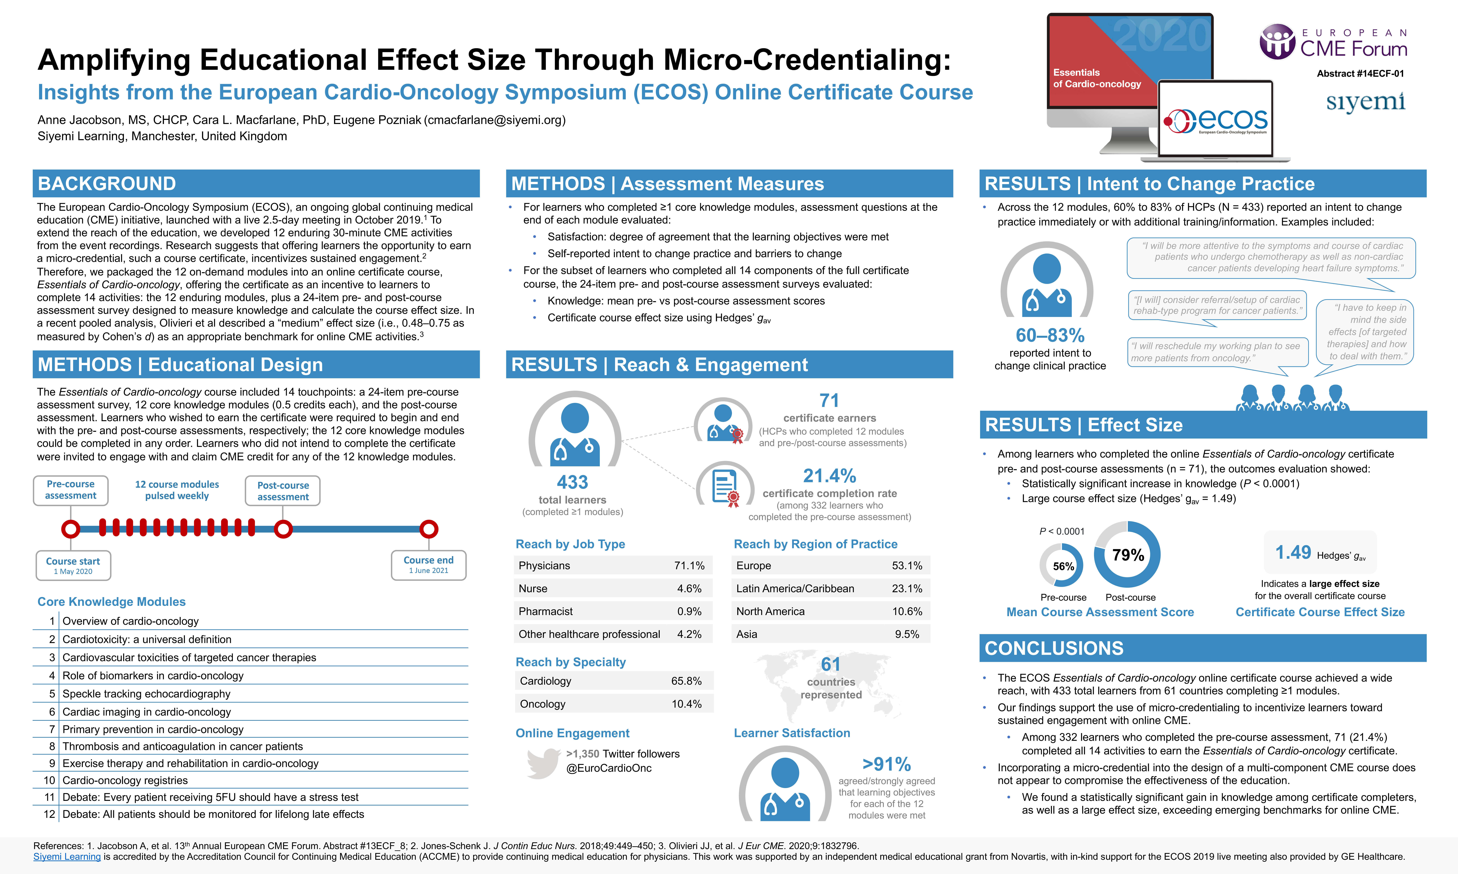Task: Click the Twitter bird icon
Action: (543, 763)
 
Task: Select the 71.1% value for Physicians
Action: (689, 565)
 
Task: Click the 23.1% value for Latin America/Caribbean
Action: (907, 588)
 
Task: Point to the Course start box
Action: (73, 565)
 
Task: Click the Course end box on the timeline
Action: (428, 565)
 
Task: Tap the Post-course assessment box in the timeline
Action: (283, 491)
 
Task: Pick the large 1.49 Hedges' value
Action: (1293, 552)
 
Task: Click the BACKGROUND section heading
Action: (107, 184)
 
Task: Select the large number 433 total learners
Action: (572, 482)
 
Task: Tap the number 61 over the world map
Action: (831, 664)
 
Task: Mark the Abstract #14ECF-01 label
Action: (1360, 74)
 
